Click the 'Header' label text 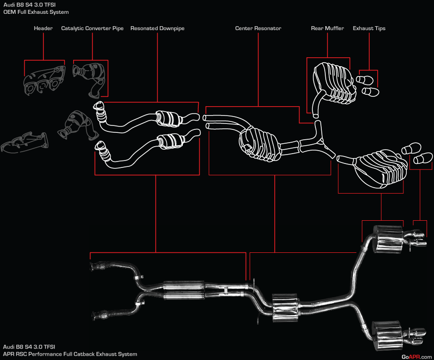pos(43,29)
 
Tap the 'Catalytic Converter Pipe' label pos(92,29)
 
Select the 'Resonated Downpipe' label pos(157,29)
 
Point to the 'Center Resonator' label pos(258,29)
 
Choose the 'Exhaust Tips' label pos(369,29)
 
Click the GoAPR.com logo pos(417,357)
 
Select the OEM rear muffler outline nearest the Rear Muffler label pos(332,79)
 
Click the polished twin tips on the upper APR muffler pos(416,238)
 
